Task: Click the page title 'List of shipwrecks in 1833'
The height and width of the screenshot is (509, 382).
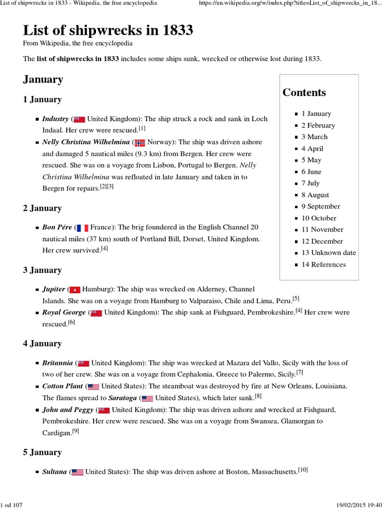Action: coord(108,31)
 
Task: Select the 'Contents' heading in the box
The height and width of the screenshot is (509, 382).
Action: coord(304,92)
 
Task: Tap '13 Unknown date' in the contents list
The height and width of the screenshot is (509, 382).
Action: coord(329,253)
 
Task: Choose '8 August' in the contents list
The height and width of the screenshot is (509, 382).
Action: coord(315,195)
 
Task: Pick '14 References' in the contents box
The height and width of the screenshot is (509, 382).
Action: coord(323,264)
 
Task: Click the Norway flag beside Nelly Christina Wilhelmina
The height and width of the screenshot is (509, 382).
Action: coord(140,142)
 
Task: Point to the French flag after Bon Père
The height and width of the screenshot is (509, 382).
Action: coord(83,228)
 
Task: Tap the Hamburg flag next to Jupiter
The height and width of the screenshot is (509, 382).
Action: coord(75,289)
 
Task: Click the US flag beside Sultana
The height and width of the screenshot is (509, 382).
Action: coord(78,472)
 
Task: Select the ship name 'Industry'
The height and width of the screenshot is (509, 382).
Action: coord(55,119)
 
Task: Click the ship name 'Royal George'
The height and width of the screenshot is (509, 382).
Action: coord(64,313)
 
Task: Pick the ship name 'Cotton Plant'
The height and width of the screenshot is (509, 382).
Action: coord(63,386)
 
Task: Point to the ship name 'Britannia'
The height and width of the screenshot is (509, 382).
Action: coord(58,363)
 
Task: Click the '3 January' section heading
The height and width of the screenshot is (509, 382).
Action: coord(42,270)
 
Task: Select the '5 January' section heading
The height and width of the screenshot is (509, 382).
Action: coord(42,452)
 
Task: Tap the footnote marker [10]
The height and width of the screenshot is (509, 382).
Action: coord(303,469)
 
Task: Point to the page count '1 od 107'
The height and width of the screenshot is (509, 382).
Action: coord(12,505)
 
